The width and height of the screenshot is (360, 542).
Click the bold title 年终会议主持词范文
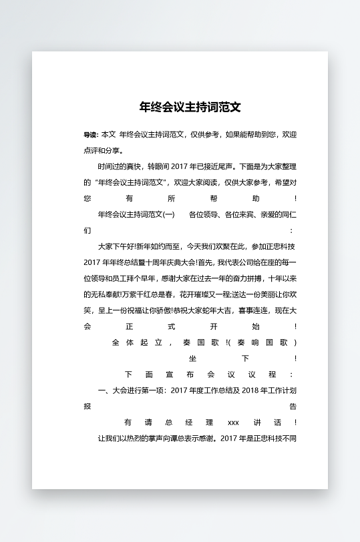tap(190, 107)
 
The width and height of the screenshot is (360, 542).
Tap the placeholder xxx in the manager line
tap(233, 423)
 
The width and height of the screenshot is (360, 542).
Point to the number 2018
tap(249, 390)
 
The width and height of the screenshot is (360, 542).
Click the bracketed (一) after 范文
tap(169, 214)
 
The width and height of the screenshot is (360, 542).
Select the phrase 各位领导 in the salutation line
tap(204, 214)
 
